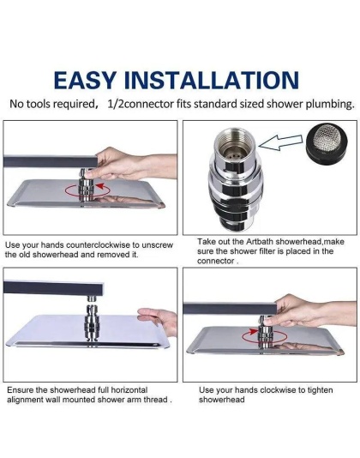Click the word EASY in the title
(85, 80)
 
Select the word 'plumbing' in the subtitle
(330, 105)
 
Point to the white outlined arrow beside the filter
(280, 142)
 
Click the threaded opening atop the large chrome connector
(235, 142)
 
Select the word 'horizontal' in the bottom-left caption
(129, 390)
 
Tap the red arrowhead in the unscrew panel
(100, 186)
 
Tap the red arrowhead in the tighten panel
(254, 332)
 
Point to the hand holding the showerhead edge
(158, 320)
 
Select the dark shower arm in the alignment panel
(54, 287)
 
